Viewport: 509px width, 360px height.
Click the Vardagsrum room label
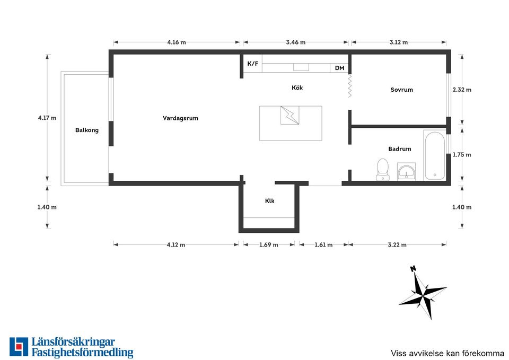tap(180, 118)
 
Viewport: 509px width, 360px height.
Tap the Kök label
tap(297, 87)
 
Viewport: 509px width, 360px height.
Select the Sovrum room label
tap(401, 90)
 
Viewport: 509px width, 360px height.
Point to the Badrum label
tap(400, 149)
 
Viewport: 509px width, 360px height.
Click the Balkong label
tap(86, 130)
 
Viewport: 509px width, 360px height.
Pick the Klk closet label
tap(269, 201)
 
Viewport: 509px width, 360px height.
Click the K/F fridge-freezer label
tap(253, 64)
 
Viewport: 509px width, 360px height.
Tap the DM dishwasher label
tap(339, 68)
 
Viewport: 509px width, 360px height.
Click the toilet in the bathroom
tap(383, 170)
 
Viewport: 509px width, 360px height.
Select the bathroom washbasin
tap(407, 171)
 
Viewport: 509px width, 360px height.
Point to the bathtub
tap(435, 155)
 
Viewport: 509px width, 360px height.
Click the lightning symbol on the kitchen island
tap(290, 115)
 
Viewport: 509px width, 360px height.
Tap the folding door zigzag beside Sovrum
tap(349, 86)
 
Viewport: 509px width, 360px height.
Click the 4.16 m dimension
tap(177, 42)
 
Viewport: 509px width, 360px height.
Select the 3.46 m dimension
tap(296, 42)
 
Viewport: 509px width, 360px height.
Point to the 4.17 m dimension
tap(47, 118)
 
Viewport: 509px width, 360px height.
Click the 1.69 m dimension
tap(269, 245)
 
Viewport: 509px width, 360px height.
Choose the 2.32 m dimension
tap(462, 90)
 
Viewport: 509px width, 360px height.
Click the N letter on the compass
tap(413, 268)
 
